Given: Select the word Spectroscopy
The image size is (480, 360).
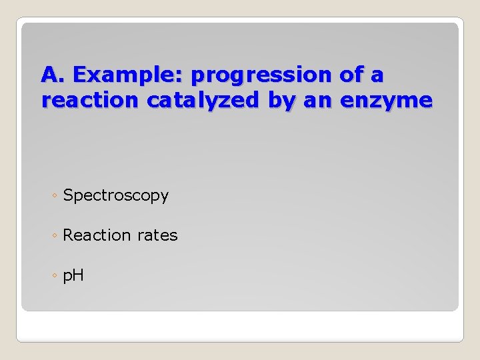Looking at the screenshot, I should point(115,196).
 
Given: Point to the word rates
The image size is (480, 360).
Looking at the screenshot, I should point(157,235).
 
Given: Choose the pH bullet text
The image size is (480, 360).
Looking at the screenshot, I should point(73,275).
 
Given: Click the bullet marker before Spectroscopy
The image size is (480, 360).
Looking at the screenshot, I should point(54,197).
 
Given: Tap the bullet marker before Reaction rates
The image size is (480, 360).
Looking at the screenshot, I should point(54,236).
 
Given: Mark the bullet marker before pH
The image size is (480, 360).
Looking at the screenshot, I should point(54,275).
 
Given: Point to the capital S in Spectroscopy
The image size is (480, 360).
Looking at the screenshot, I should point(68,196).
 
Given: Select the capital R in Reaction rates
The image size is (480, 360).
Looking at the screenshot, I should point(68,235).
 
